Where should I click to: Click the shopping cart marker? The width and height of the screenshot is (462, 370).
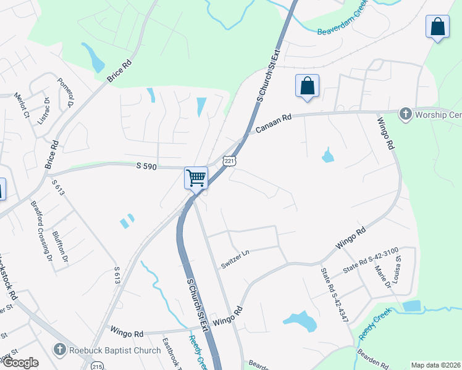click(196, 178)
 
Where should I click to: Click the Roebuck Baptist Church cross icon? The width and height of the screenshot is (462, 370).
click(61, 348)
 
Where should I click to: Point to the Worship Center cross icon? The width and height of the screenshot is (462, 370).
click(405, 113)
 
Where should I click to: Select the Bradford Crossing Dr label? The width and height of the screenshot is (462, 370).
click(40, 228)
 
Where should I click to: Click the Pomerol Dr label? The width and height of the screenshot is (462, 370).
click(65, 91)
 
